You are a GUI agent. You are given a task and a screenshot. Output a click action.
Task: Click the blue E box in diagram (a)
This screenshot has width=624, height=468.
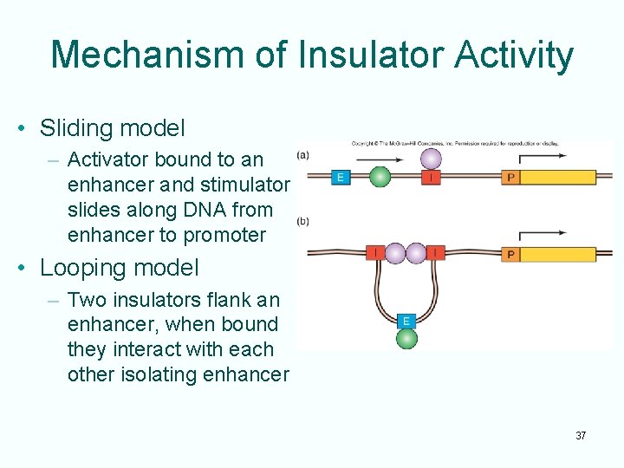[x=341, y=178]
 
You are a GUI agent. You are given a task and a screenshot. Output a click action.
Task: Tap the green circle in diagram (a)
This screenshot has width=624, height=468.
[x=380, y=178]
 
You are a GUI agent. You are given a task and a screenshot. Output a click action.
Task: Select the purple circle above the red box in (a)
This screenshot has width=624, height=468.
[x=431, y=159]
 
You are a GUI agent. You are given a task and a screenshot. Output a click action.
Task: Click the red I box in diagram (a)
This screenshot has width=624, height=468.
[x=431, y=178]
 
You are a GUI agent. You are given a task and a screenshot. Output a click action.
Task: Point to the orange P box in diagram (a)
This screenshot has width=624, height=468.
[x=511, y=178]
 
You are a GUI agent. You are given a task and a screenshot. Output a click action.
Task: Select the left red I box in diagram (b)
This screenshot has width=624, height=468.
[x=374, y=253]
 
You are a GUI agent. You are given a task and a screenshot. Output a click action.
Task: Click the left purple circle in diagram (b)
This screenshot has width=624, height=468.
[x=395, y=253]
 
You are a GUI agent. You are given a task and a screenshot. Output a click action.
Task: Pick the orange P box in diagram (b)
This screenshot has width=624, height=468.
[x=511, y=254]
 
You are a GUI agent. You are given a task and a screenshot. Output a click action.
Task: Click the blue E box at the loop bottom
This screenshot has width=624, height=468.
[x=406, y=321]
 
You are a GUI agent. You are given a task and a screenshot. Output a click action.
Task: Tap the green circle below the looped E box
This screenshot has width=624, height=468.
[x=406, y=338]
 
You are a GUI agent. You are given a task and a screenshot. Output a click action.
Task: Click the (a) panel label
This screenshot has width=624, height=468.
[x=303, y=156]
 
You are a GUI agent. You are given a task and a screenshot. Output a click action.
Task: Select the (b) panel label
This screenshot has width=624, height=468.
[x=303, y=221]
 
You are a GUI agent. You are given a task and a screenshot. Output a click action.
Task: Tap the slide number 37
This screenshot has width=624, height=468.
[x=581, y=435]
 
